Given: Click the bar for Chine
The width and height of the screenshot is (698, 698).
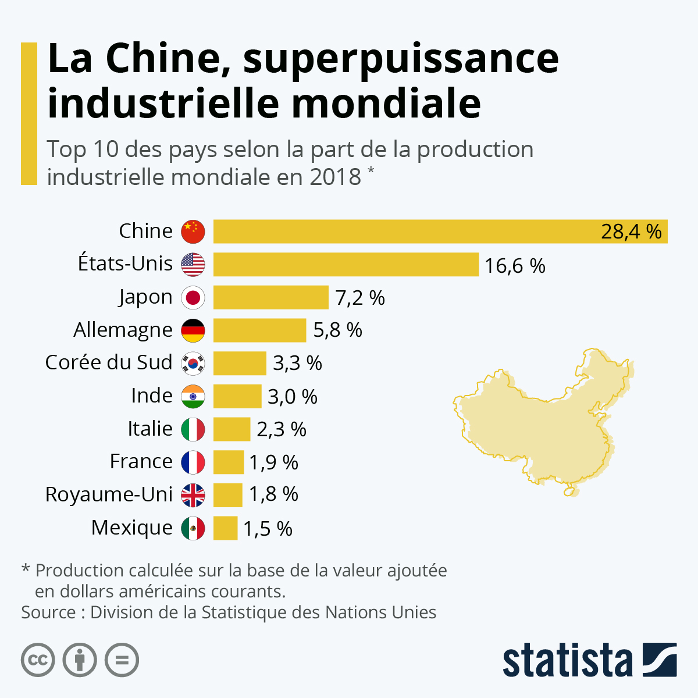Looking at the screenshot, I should point(407,232).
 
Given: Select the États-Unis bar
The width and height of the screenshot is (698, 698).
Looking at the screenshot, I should point(346,265).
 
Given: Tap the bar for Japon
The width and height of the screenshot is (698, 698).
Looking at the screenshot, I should point(270,297).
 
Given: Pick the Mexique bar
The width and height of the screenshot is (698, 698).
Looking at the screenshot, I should point(225,528).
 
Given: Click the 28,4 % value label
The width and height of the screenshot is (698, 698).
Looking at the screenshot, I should point(631,232).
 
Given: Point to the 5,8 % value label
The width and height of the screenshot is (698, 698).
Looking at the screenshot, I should point(337,330).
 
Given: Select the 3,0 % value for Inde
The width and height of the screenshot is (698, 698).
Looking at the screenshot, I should point(292,397).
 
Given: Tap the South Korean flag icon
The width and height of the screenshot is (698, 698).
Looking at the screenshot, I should point(193,364).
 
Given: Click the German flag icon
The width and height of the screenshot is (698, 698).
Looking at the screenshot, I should point(193,330).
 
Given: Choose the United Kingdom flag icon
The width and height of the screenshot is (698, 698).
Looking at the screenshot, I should point(193,496).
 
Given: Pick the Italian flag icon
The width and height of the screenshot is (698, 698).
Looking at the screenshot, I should point(193,430).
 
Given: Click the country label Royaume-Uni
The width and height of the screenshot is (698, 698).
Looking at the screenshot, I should point(109,494).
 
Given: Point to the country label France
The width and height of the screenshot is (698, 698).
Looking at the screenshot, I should point(141,461).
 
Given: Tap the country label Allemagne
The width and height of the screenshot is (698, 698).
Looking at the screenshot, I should point(123,330).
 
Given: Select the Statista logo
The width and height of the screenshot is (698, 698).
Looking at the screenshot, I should point(589,660).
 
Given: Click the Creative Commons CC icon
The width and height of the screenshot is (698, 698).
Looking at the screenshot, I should point(38,660).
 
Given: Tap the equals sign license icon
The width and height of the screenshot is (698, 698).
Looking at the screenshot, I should point(122,660).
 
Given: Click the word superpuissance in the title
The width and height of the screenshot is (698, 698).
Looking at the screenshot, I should point(401,59).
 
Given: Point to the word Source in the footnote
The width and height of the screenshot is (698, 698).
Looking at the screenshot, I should point(48,612).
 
